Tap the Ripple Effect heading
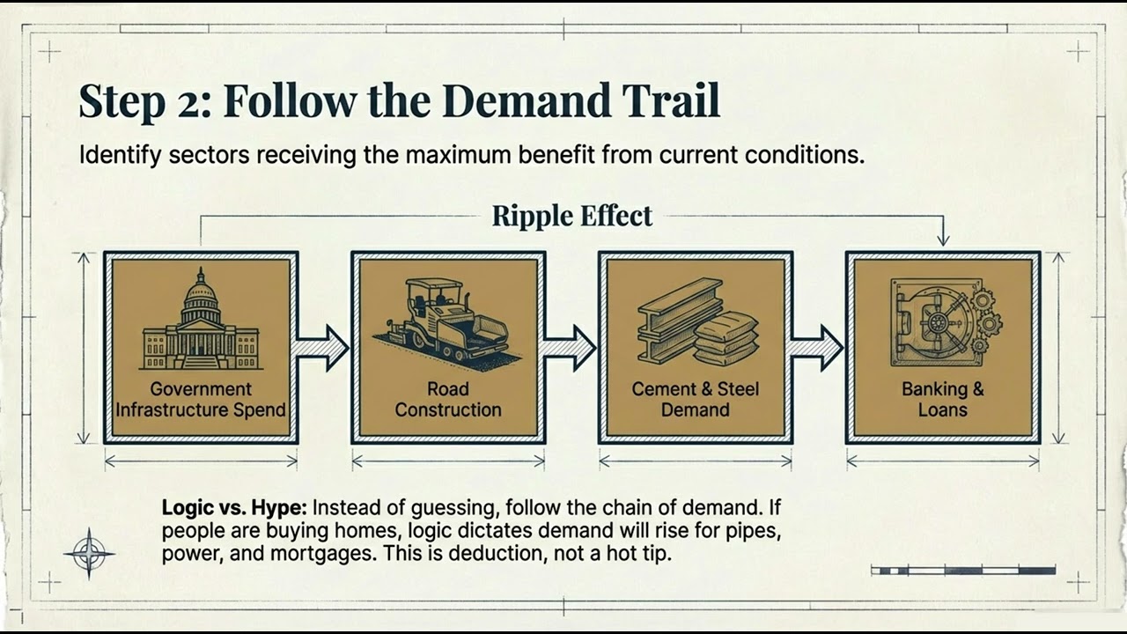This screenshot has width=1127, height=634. (x=572, y=216)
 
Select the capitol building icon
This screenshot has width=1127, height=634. (x=201, y=319)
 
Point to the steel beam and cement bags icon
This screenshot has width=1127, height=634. (x=697, y=322)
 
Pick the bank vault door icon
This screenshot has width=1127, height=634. (x=946, y=322)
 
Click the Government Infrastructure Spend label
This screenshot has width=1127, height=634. (x=201, y=399)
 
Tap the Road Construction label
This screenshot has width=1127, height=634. (x=448, y=399)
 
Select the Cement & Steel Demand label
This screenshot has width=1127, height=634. (x=696, y=399)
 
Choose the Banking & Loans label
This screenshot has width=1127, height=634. (x=943, y=399)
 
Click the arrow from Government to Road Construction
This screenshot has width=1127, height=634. (x=322, y=348)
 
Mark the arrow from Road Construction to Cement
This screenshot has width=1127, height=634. (x=570, y=348)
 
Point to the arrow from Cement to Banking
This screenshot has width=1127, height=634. (x=817, y=348)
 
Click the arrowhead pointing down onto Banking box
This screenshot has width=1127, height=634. (x=943, y=240)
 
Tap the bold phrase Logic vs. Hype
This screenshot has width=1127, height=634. (x=234, y=507)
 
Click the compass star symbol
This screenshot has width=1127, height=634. (x=90, y=554)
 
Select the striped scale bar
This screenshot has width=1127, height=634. (x=963, y=571)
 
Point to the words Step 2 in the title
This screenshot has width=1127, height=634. (x=145, y=102)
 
